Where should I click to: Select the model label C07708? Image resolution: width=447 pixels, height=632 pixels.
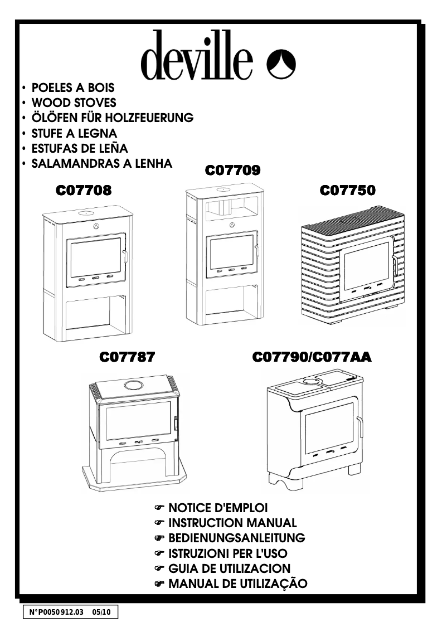click(x=84, y=191)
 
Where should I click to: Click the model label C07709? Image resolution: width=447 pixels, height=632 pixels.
click(x=233, y=171)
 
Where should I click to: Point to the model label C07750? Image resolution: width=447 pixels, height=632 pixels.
click(x=348, y=191)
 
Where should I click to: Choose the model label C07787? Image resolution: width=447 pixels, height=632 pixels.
click(x=127, y=357)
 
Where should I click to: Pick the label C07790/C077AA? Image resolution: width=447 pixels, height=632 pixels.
click(x=312, y=357)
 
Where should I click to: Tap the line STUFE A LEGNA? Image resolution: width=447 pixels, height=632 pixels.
click(x=75, y=134)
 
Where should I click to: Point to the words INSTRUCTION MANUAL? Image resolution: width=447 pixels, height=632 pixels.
click(x=232, y=523)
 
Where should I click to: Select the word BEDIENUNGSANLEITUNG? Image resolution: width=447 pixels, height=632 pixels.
click(x=237, y=538)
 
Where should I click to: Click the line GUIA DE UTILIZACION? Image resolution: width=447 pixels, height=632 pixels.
click(x=230, y=569)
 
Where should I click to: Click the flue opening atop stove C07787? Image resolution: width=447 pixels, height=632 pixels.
click(x=133, y=385)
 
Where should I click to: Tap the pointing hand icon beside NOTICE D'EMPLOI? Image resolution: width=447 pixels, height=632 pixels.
click(x=160, y=508)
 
